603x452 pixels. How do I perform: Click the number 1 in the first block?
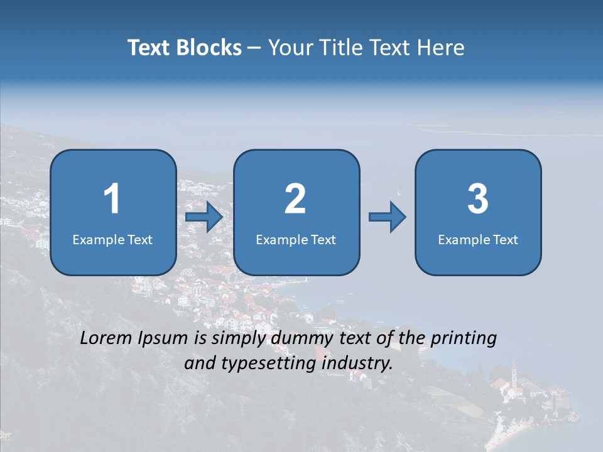(x=112, y=199)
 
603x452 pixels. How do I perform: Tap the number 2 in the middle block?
(x=295, y=199)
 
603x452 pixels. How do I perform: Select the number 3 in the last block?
(x=478, y=199)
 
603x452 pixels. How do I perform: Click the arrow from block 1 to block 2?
(x=205, y=218)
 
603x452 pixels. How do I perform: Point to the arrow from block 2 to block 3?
(x=388, y=217)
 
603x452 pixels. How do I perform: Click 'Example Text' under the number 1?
(x=112, y=239)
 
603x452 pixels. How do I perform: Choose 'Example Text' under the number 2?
(x=296, y=239)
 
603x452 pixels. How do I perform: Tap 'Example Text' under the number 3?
(x=478, y=239)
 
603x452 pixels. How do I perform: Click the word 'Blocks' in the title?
(x=209, y=48)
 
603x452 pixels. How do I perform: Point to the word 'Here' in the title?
(x=443, y=48)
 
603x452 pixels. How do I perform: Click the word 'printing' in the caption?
(x=464, y=339)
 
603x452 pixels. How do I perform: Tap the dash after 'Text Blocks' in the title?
(x=254, y=48)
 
